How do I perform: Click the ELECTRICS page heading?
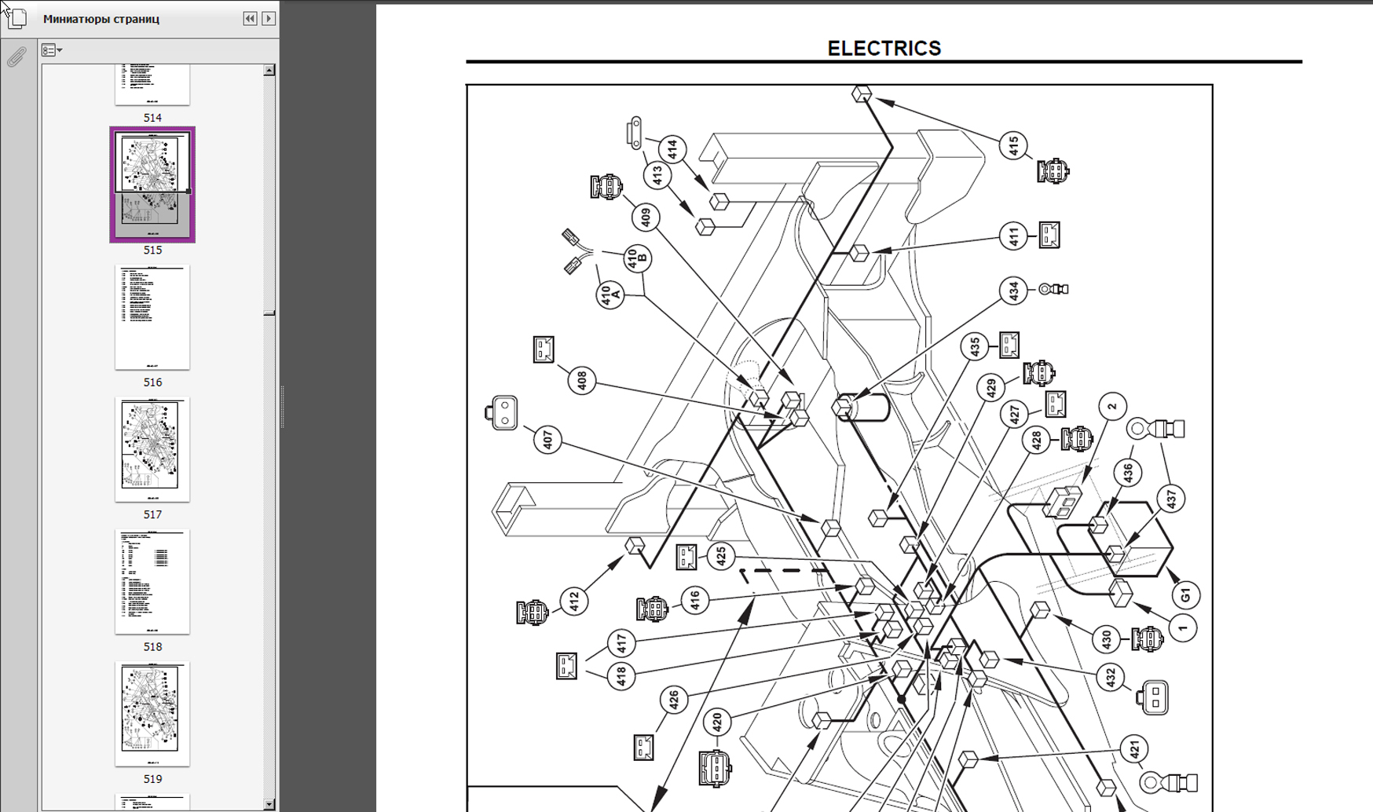click(x=884, y=49)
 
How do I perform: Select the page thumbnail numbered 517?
click(x=152, y=448)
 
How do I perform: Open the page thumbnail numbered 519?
click(x=152, y=713)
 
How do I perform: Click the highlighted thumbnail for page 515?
click(x=152, y=184)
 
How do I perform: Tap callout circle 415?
click(x=1013, y=145)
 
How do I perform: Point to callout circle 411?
click(x=1013, y=236)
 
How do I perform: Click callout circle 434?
click(x=1013, y=291)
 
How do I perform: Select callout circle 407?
click(x=547, y=440)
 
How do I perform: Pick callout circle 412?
click(x=574, y=602)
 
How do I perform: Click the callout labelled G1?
click(x=1185, y=594)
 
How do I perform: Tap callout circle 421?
click(x=1133, y=749)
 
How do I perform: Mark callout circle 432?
click(x=1110, y=678)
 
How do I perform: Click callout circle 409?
click(x=646, y=217)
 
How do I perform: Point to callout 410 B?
click(x=638, y=258)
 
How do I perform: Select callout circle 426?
click(x=674, y=698)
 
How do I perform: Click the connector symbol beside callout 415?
click(x=1053, y=171)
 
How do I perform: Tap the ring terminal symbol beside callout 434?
click(x=1053, y=289)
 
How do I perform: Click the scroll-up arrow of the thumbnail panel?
click(x=269, y=70)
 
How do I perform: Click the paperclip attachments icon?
click(x=16, y=57)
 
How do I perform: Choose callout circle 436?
click(x=1128, y=473)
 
